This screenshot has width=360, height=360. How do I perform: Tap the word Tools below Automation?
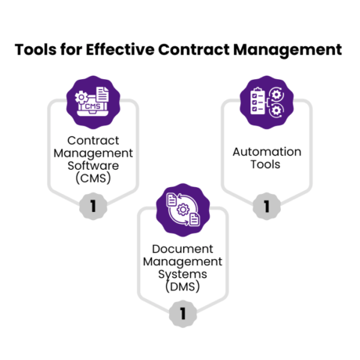tap(266, 165)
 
